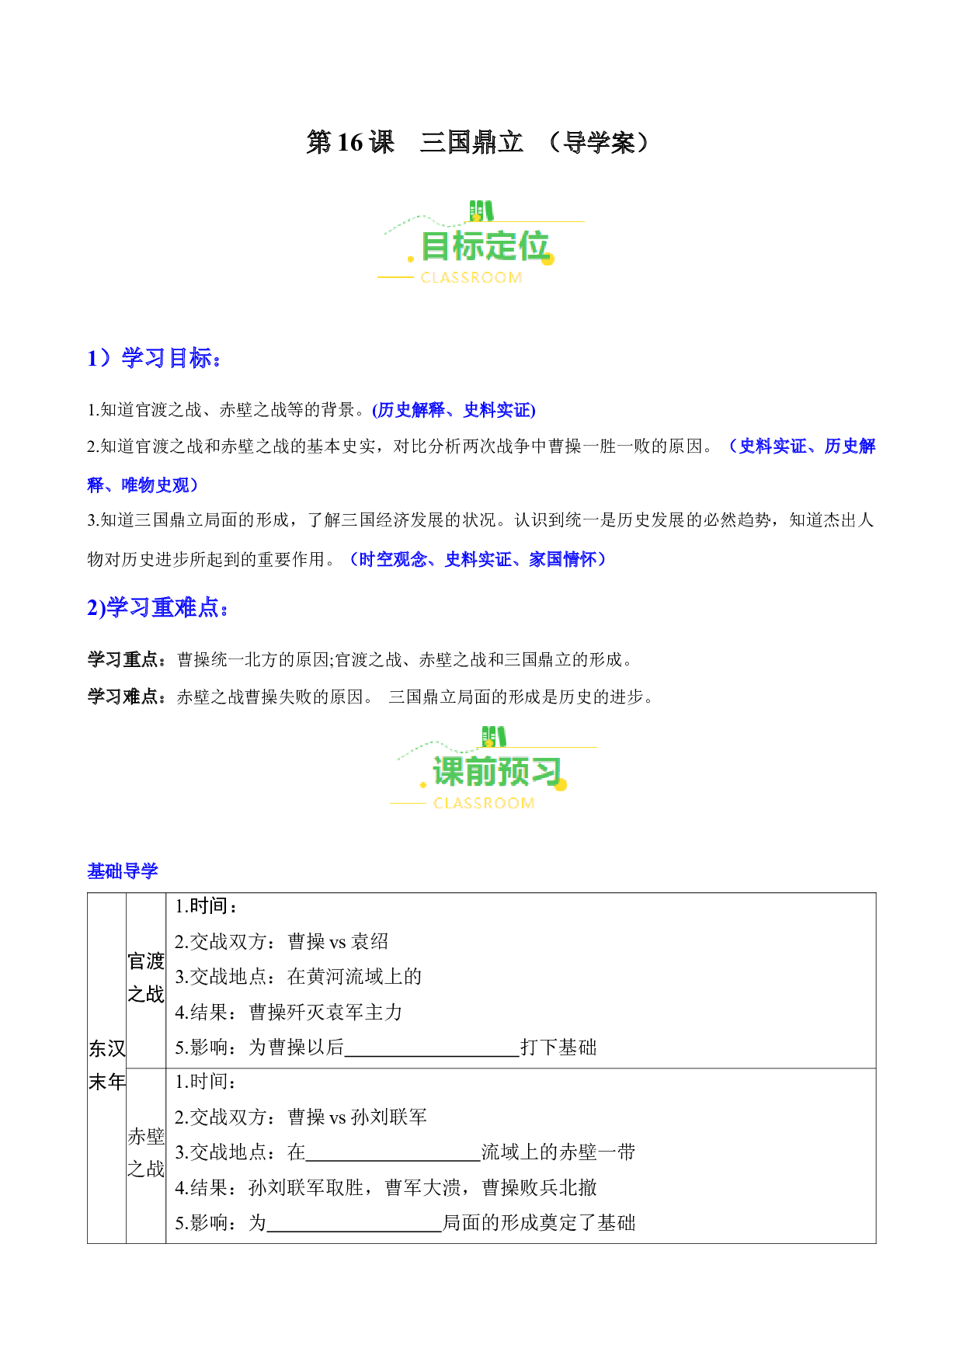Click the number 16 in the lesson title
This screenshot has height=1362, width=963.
click(x=350, y=142)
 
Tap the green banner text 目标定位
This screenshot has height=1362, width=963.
click(x=485, y=246)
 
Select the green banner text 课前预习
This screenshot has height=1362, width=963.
click(x=497, y=772)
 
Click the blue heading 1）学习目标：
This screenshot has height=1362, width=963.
click(x=155, y=358)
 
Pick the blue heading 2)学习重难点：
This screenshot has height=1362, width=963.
click(x=158, y=607)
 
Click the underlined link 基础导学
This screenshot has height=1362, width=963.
click(x=123, y=871)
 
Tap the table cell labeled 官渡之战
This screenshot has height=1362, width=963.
click(x=146, y=978)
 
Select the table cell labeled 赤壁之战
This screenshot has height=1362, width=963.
click(x=146, y=1153)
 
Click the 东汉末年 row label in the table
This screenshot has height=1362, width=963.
click(x=107, y=1065)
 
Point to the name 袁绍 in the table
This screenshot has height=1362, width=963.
click(x=370, y=942)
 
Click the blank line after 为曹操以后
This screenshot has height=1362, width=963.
click(x=432, y=1055)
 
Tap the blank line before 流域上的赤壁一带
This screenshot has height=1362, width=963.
click(x=393, y=1160)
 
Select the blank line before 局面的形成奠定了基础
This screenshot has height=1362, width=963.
click(x=354, y=1231)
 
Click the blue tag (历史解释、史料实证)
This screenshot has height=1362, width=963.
click(x=454, y=410)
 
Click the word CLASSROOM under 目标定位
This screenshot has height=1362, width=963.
click(x=471, y=278)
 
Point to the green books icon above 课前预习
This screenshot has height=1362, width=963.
click(x=494, y=736)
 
